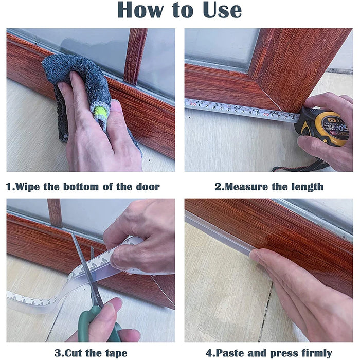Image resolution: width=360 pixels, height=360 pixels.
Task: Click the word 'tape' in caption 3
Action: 115,353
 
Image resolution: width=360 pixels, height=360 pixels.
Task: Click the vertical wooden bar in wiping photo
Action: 135,54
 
